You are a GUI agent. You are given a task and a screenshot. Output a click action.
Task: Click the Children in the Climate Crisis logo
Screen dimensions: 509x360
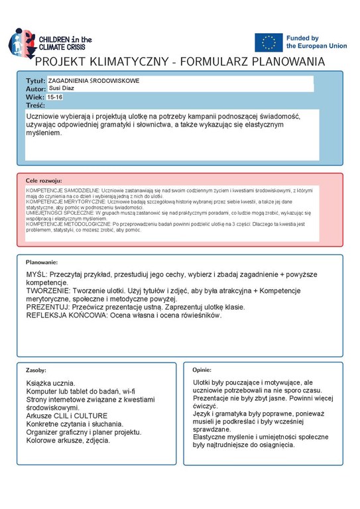coord(50,42)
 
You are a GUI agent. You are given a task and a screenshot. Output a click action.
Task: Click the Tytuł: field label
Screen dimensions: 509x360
coord(35,80)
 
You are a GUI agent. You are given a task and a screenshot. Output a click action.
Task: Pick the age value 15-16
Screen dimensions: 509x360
coord(56,97)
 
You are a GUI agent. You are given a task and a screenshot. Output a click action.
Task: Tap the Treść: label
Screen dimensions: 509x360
coord(35,105)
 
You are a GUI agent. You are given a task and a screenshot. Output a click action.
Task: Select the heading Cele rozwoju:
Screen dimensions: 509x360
coord(44,180)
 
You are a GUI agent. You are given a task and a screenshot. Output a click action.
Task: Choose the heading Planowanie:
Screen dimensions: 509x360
coord(42,262)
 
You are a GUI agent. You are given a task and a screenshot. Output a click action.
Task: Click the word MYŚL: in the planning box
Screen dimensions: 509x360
coord(37,274)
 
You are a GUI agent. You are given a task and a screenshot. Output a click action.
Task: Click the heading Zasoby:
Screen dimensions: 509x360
coord(36,369)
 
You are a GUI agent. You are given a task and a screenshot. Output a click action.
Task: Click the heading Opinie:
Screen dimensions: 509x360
coord(202,369)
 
